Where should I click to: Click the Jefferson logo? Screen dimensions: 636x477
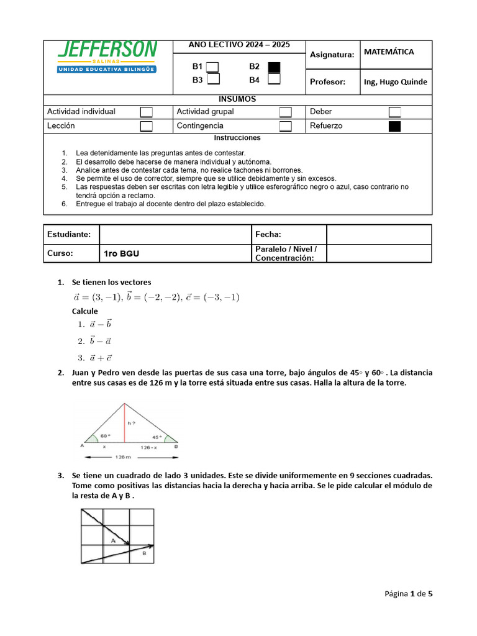(107, 57)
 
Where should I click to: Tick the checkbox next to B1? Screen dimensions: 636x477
(212, 66)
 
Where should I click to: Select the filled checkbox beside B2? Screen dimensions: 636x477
(274, 66)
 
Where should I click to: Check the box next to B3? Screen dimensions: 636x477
(212, 79)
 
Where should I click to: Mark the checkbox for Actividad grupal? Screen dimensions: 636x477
(285, 112)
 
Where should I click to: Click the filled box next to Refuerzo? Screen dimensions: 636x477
(394, 126)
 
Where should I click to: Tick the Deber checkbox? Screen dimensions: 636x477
(394, 112)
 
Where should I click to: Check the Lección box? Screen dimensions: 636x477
(147, 126)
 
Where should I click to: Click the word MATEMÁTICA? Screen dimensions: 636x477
(389, 52)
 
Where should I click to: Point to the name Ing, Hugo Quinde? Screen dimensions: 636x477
(396, 82)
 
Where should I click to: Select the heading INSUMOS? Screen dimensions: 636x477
(237, 99)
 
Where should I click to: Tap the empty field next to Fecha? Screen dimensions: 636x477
(379, 234)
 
